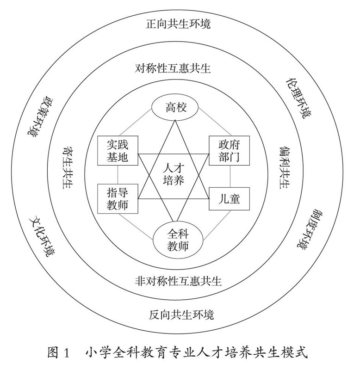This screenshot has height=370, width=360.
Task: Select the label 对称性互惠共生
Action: coord(174,69)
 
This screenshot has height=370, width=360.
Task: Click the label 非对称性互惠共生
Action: coord(176,279)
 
